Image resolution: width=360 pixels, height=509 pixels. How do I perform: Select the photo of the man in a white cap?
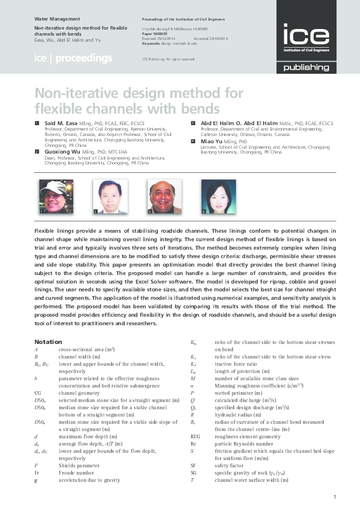pyautogui.click(x=52, y=197)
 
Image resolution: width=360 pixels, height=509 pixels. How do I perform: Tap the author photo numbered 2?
pyautogui.click(x=110, y=197)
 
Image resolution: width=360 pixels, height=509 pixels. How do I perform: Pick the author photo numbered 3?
pyautogui.click(x=165, y=197)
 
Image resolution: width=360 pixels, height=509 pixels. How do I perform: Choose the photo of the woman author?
pyautogui.click(x=218, y=197)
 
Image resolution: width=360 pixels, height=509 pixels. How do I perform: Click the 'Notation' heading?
pyautogui.click(x=48, y=342)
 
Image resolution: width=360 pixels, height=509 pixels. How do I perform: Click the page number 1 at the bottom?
pyautogui.click(x=335, y=496)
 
